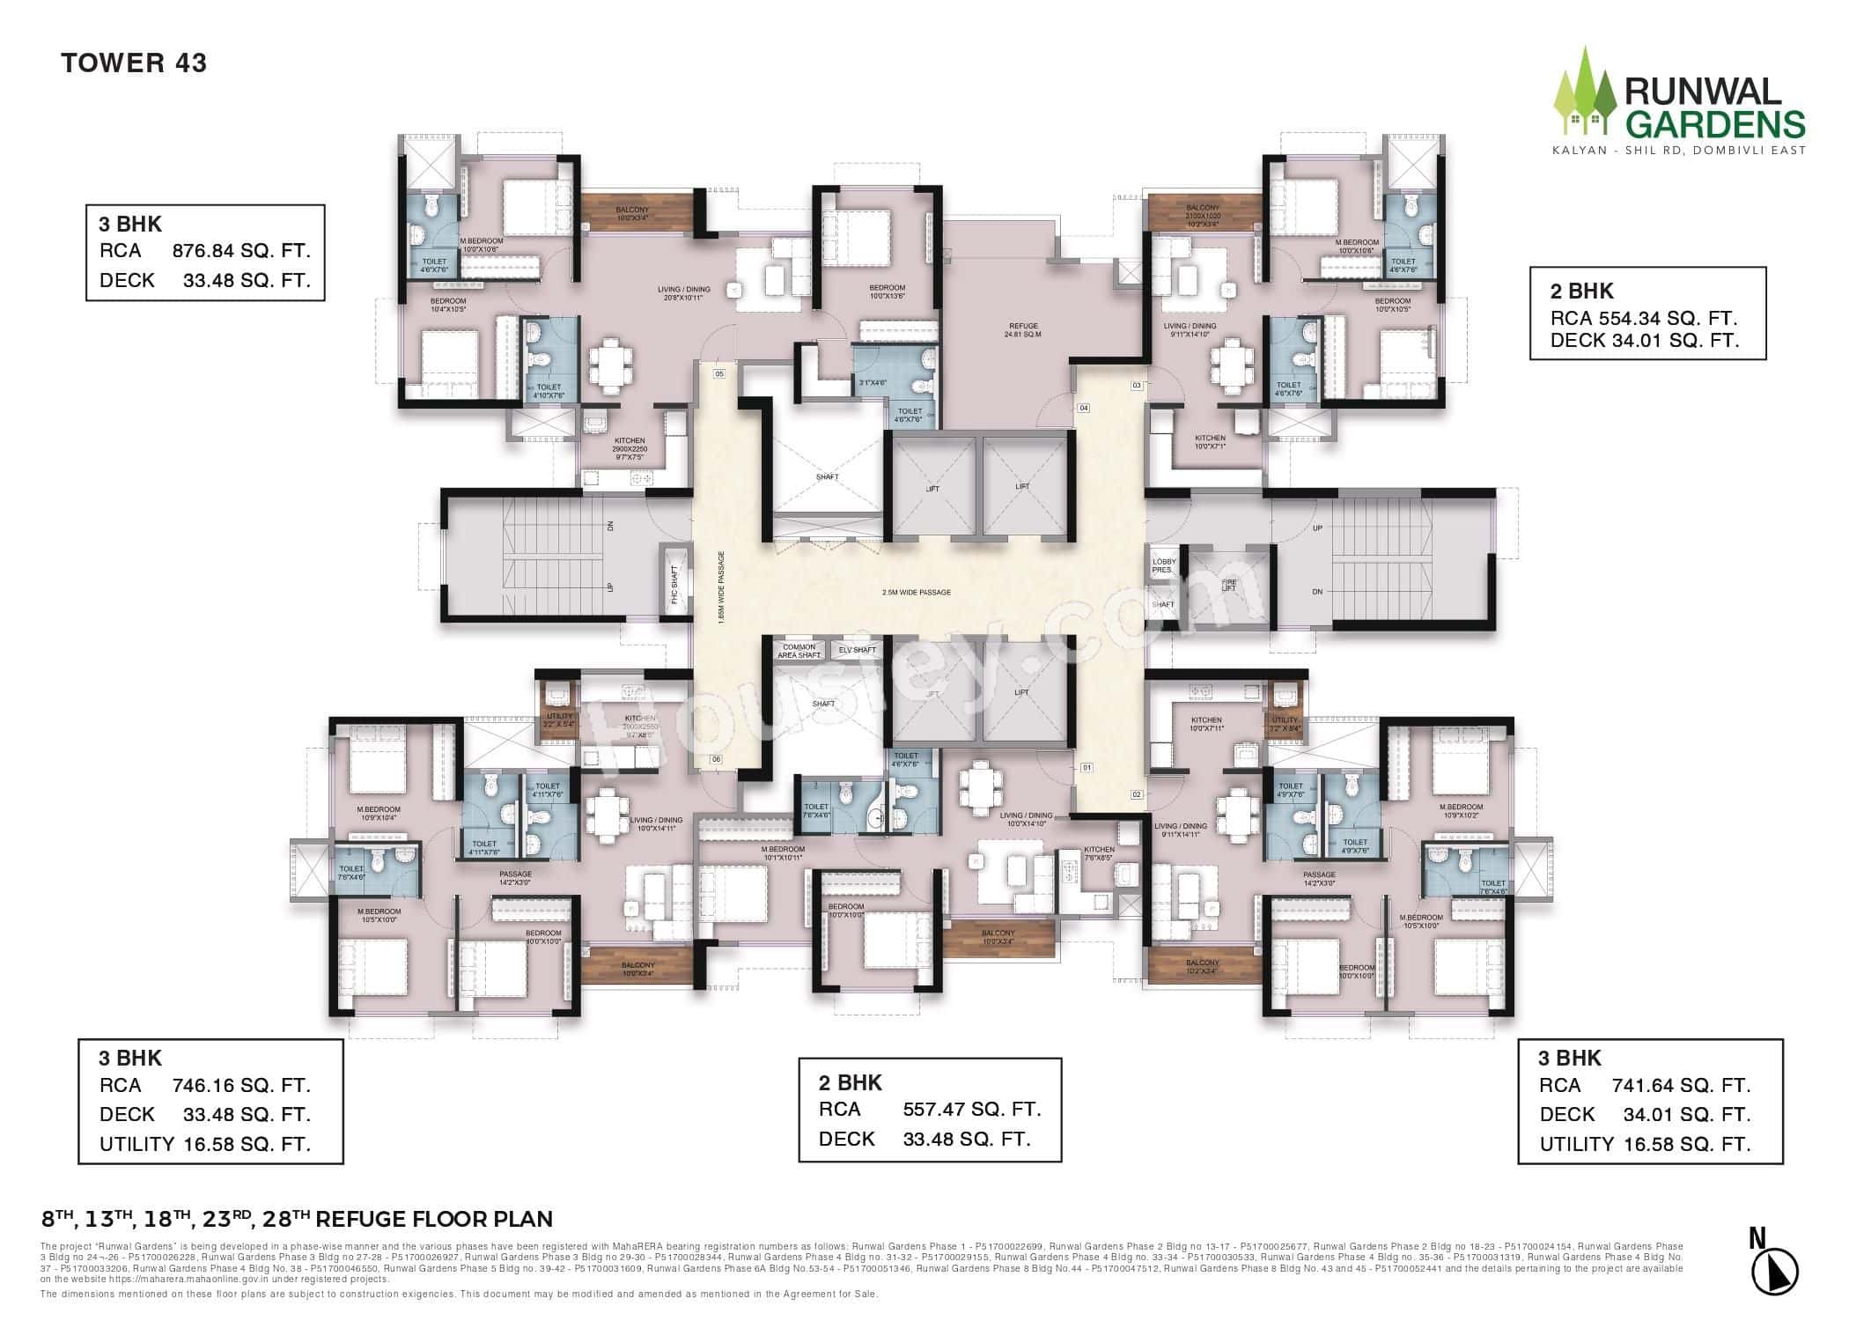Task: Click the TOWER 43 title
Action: pyautogui.click(x=134, y=63)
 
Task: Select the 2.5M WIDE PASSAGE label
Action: pyautogui.click(x=917, y=593)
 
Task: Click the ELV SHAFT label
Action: pyautogui.click(x=857, y=651)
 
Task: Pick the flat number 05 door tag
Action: pyautogui.click(x=718, y=374)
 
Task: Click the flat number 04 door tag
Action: pyautogui.click(x=1084, y=408)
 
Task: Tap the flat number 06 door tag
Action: pyautogui.click(x=716, y=760)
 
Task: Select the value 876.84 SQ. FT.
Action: pyautogui.click(x=241, y=251)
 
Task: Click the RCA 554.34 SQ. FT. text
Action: pyautogui.click(x=1644, y=319)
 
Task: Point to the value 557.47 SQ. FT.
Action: pyautogui.click(x=972, y=1110)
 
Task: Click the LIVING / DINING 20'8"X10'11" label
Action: pyautogui.click(x=683, y=294)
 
